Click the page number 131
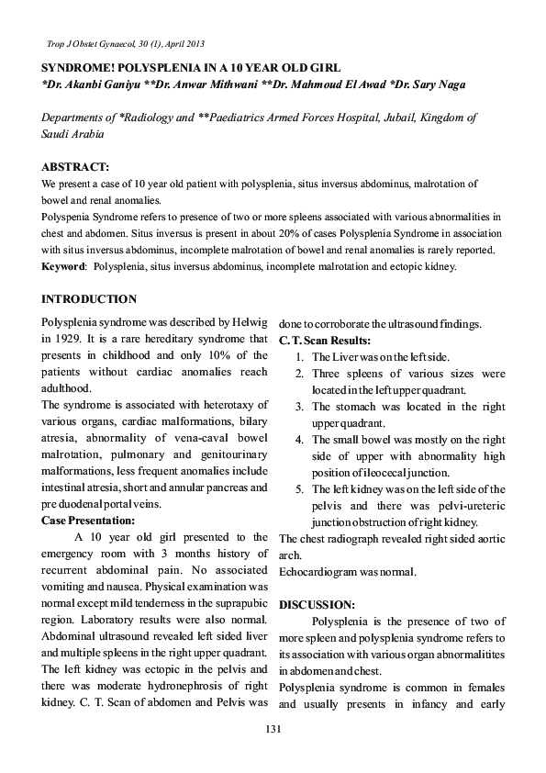[x=272, y=729]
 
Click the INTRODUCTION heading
[x=90, y=299]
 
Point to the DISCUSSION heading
[x=317, y=605]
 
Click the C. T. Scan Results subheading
[x=325, y=341]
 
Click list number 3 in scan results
[x=300, y=406]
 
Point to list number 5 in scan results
[x=300, y=488]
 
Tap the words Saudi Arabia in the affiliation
[x=72, y=134]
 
